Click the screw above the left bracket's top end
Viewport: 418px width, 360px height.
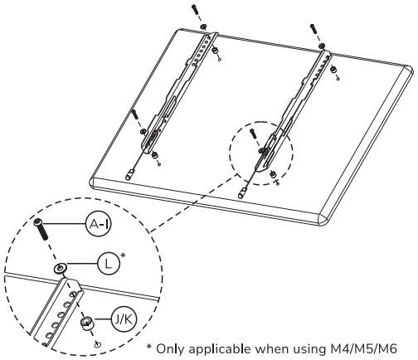(193, 11)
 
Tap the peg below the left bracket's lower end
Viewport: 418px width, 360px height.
(129, 175)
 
